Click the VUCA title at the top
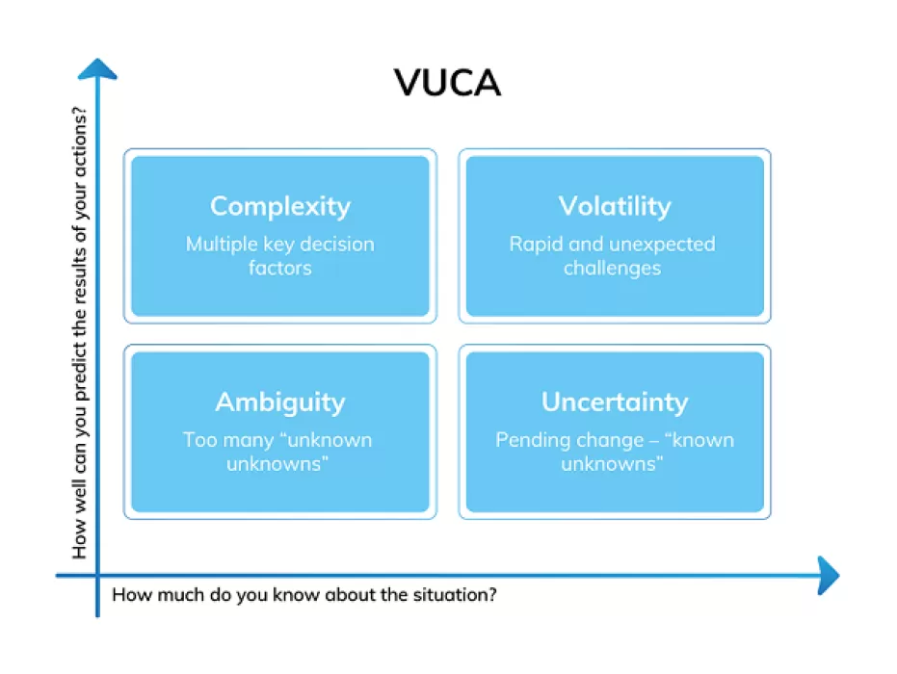(x=448, y=83)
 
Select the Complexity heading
(x=280, y=206)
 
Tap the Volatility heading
(x=614, y=206)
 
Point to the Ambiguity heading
(x=280, y=402)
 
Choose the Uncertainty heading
(x=614, y=402)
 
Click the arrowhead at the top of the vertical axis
(x=97, y=67)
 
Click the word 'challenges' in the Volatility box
(x=613, y=268)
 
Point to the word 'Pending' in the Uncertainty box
(x=532, y=440)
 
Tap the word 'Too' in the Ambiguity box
(x=199, y=440)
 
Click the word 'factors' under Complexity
(x=280, y=268)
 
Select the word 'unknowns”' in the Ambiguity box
(x=280, y=463)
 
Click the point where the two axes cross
(x=97, y=576)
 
